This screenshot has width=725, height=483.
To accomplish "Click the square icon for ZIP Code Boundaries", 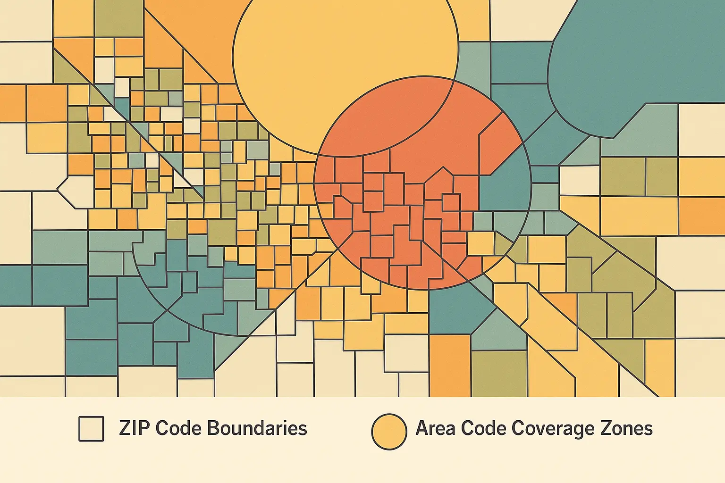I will [x=91, y=429].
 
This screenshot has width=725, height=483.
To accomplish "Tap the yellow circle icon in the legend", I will [x=389, y=431].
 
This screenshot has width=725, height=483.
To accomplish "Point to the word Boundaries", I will [x=257, y=428].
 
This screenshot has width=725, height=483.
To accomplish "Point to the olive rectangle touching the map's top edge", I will [x=118, y=18].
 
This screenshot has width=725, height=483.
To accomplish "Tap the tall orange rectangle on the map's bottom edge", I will [x=449, y=366].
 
